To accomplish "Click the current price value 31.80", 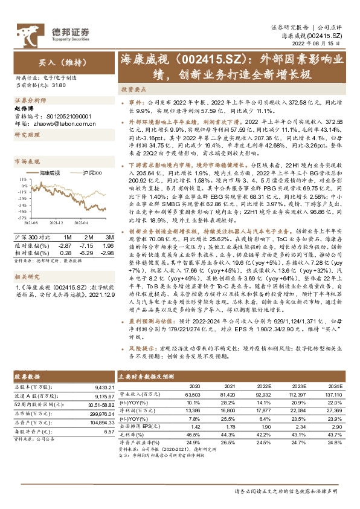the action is point(58,86).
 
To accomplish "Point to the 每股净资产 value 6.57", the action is point(109,432).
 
